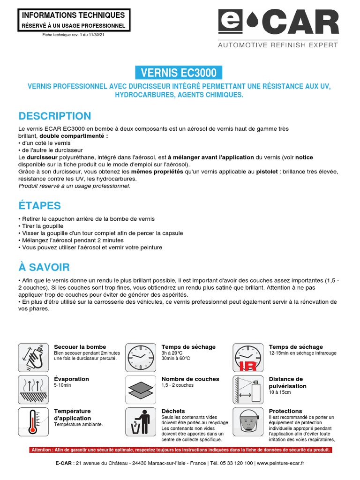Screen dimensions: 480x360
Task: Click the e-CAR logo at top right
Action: (278, 23)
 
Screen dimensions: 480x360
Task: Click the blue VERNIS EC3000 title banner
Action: (179, 73)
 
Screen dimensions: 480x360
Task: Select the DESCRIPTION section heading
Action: (54, 116)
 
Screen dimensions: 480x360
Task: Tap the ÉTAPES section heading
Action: (39, 205)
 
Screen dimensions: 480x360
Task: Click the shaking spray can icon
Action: (32, 357)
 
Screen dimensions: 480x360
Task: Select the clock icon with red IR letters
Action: (247, 357)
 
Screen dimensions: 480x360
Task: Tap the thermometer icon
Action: (32, 421)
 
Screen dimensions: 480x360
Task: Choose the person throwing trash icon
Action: (140, 421)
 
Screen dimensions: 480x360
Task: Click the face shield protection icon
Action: (247, 421)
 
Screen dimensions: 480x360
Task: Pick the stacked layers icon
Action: (140, 389)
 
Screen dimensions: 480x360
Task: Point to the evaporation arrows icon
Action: (32, 389)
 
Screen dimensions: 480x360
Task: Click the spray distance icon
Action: (247, 389)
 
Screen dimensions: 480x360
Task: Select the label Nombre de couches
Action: (190, 379)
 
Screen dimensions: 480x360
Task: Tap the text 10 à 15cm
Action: (280, 392)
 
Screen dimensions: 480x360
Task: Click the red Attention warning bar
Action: (180, 450)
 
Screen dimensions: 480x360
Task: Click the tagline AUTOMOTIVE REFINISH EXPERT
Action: (278, 45)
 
